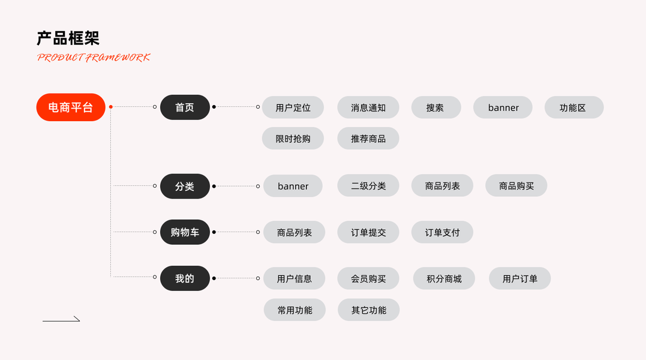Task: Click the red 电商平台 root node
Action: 71,107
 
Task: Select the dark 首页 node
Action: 185,107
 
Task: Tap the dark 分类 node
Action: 185,186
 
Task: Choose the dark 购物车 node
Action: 185,232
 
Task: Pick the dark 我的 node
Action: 185,278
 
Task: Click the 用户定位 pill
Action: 293,107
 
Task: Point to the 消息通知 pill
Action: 368,107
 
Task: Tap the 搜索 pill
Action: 435,107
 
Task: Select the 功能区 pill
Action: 573,107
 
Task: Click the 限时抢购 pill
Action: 293,139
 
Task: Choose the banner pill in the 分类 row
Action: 293,186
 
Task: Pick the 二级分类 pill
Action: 368,186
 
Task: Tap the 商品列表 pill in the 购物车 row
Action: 294,232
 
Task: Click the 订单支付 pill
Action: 442,232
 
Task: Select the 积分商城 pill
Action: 444,278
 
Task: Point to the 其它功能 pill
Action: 368,310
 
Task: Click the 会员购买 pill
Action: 368,278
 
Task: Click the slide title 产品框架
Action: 68,38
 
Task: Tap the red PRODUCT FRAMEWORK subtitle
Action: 94,58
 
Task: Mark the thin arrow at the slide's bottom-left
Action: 61,320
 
